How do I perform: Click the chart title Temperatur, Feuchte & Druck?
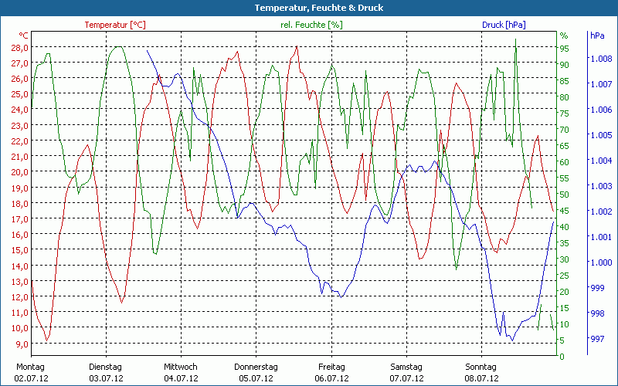click(x=308, y=8)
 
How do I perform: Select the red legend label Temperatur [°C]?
click(x=115, y=25)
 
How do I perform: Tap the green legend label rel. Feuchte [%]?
click(x=311, y=25)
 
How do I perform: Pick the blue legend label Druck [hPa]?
click(x=504, y=25)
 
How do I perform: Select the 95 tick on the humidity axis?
click(x=564, y=48)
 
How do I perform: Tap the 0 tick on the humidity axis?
click(x=562, y=357)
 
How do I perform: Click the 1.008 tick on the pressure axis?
click(x=601, y=59)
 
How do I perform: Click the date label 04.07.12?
click(x=181, y=378)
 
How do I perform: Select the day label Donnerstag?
click(x=256, y=367)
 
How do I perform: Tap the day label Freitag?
click(x=331, y=367)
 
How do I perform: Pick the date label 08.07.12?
click(x=480, y=378)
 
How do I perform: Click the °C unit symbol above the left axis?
click(x=24, y=36)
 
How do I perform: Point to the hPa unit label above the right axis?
click(x=596, y=36)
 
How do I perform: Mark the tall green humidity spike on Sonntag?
click(x=515, y=40)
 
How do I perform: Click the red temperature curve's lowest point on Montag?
click(x=47, y=340)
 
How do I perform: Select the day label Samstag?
click(x=406, y=367)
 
